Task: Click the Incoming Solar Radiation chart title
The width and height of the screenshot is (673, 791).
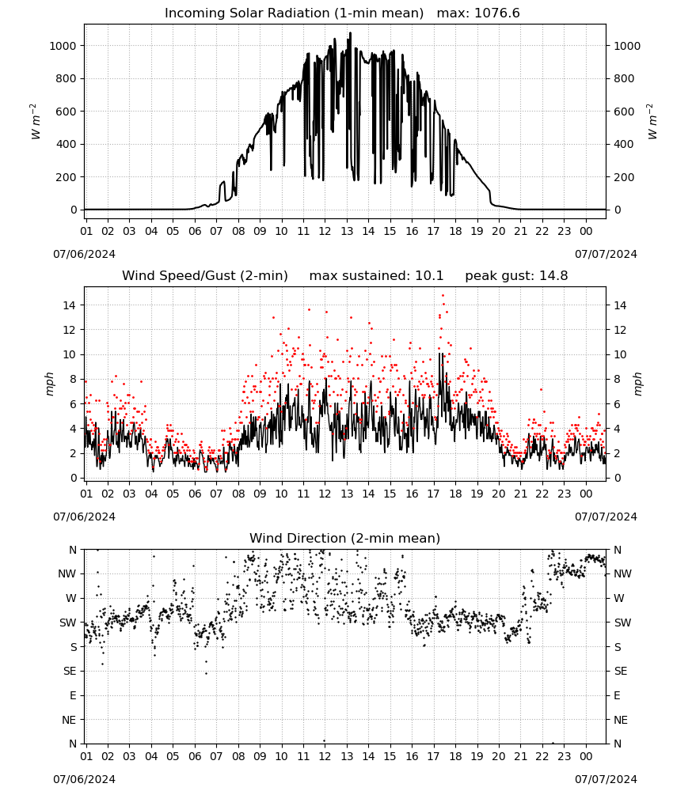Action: [294, 13]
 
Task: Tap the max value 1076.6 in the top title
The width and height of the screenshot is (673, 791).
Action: [497, 13]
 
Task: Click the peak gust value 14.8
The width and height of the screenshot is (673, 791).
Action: [553, 276]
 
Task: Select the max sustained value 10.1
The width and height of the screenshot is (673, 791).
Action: [429, 276]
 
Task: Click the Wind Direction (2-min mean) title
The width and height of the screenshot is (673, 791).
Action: [345, 538]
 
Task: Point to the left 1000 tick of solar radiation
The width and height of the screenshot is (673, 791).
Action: [62, 46]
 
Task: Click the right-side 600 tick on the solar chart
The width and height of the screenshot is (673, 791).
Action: [624, 112]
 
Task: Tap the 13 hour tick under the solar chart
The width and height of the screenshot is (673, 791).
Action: [347, 231]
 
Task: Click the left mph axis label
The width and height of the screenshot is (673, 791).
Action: [49, 384]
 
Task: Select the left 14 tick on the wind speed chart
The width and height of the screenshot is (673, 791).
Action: [69, 305]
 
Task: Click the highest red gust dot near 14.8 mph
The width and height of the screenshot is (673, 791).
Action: [443, 296]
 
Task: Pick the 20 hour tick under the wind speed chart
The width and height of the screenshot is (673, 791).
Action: [499, 494]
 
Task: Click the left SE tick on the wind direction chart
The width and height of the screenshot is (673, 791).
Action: [70, 671]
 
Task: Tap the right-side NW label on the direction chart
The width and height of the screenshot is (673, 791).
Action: [622, 573]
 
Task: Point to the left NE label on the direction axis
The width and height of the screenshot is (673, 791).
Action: [69, 720]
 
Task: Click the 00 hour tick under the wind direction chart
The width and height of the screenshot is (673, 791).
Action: [586, 756]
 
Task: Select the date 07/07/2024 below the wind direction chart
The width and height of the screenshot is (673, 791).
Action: [606, 779]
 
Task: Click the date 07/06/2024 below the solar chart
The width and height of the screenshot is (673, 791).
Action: [84, 254]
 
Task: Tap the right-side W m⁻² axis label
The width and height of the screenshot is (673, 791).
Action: [652, 121]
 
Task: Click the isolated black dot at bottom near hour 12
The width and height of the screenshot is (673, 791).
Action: [324, 741]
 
